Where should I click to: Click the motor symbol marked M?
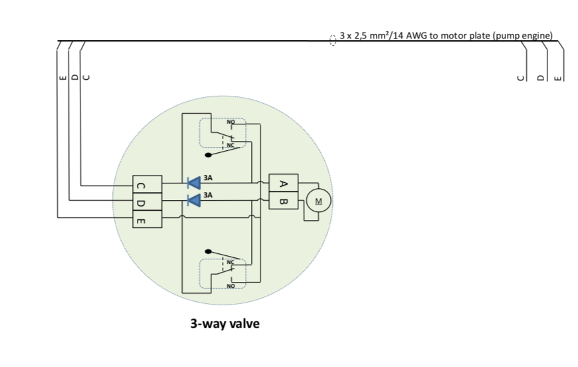coord(318,200)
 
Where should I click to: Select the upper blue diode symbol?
coord(194,183)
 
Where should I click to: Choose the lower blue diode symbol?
coord(194,200)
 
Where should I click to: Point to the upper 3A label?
coord(208,178)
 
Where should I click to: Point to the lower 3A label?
coord(208,195)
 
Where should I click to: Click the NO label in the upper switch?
coord(231,123)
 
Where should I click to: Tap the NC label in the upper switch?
coord(231,145)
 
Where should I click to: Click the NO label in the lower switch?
coord(231,285)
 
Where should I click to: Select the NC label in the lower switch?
coord(231,263)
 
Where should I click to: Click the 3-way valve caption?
coord(225,324)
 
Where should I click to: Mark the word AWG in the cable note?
coord(413,35)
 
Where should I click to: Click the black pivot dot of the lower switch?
coord(209,252)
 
